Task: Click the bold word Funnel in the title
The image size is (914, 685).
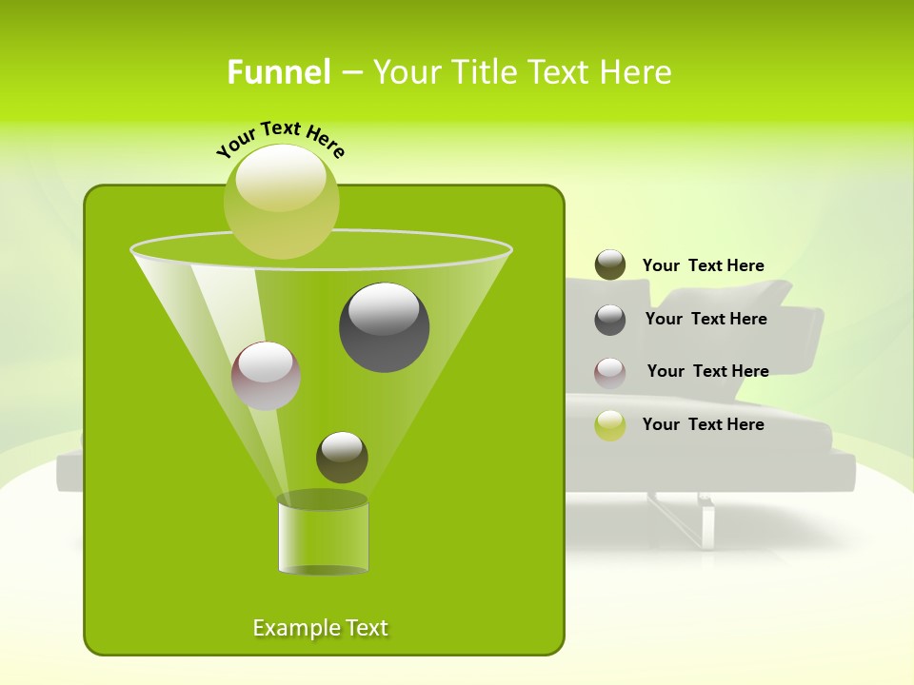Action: point(278,72)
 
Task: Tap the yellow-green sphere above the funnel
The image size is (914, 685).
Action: point(282,201)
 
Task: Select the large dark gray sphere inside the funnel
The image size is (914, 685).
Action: point(385,326)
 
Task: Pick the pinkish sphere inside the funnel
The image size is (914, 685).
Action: point(266,375)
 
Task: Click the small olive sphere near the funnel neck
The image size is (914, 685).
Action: point(342,457)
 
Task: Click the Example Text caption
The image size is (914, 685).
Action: point(321,628)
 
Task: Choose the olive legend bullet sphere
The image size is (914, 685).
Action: point(610,265)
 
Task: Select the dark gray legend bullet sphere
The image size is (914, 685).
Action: point(610,320)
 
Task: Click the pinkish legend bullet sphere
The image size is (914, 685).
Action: point(610,372)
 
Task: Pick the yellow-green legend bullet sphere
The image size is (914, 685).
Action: point(610,425)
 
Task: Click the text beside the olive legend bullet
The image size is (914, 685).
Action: point(703,266)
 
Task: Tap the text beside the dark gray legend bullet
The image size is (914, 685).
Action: point(705,319)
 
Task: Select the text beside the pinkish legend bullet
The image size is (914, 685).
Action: point(707,371)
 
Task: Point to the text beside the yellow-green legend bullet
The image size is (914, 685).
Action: point(703,424)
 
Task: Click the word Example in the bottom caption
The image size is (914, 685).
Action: point(294,628)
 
